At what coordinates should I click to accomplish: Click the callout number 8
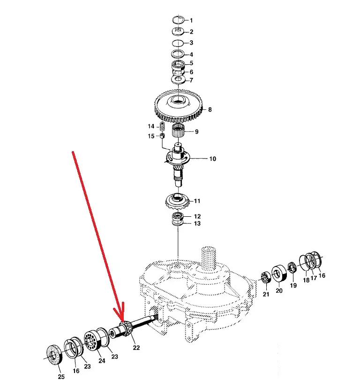(210, 109)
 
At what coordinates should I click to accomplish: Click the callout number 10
(213, 159)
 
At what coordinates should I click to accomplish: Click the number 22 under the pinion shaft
(136, 348)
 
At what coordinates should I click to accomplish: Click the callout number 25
(61, 377)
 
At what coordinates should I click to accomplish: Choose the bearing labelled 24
(92, 341)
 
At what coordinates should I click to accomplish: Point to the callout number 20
(279, 290)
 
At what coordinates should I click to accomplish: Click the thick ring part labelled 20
(279, 274)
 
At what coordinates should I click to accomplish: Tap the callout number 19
(293, 285)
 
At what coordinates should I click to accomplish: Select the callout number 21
(266, 294)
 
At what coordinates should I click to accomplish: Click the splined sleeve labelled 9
(179, 131)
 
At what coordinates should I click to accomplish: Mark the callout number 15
(151, 136)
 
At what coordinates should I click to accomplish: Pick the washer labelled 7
(178, 80)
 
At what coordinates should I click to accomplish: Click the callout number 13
(197, 223)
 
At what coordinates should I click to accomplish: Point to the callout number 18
(306, 280)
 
